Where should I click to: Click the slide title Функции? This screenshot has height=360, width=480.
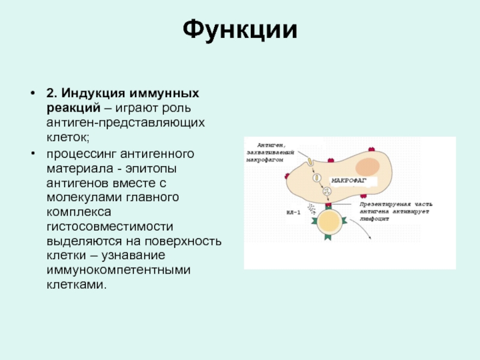(x=240, y=29)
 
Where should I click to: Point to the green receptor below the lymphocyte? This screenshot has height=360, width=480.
(x=329, y=238)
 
